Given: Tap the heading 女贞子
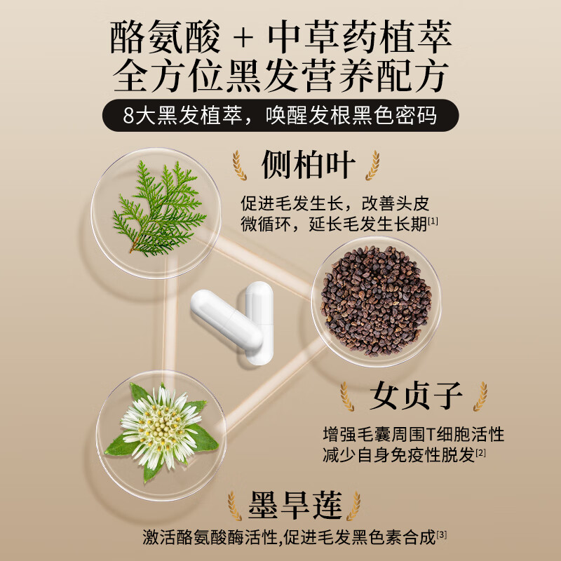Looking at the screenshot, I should (406, 396).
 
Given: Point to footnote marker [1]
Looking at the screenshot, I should (433, 222).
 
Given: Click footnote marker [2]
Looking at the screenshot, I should (481, 454).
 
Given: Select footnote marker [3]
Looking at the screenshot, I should (442, 536).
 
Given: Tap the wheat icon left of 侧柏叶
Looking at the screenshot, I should (241, 165).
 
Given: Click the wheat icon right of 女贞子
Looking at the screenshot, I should (480, 396).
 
